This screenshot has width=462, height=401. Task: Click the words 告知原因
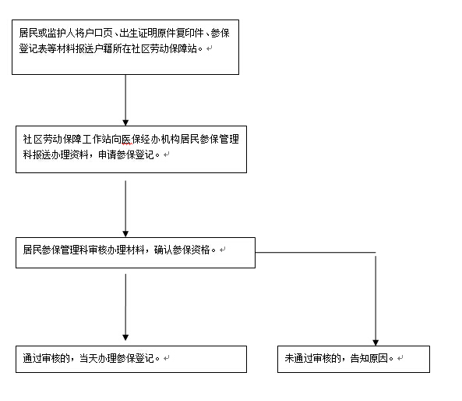coord(369,359)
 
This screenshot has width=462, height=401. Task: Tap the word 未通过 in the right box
coord(298,359)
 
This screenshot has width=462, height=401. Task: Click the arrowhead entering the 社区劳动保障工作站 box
coord(125,122)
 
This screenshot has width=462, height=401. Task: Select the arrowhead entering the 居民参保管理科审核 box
coord(125,234)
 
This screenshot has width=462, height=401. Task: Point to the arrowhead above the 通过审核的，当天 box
coord(125,338)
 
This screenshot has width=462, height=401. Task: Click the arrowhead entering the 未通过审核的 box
coord(376,342)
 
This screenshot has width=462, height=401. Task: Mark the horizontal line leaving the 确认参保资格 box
coord(316,253)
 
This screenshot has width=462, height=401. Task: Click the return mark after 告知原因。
coord(400,359)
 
